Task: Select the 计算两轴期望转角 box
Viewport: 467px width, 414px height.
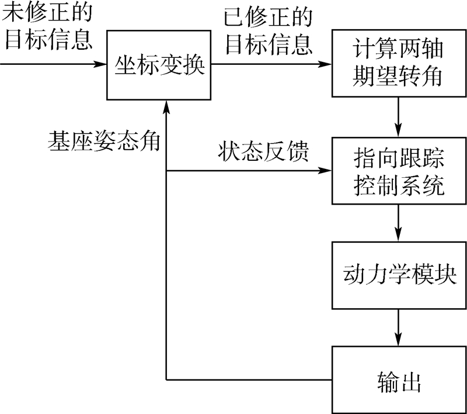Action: coord(399,63)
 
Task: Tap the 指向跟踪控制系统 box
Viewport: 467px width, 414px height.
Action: coord(399,172)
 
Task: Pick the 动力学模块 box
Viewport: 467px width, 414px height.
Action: coord(399,275)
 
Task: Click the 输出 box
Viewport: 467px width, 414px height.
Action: coord(399,379)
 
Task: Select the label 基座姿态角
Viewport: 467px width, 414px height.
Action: coord(104,142)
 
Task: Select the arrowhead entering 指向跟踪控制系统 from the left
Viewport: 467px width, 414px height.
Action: coord(326,171)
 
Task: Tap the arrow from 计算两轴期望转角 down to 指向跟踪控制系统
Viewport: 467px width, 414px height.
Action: coord(399,117)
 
